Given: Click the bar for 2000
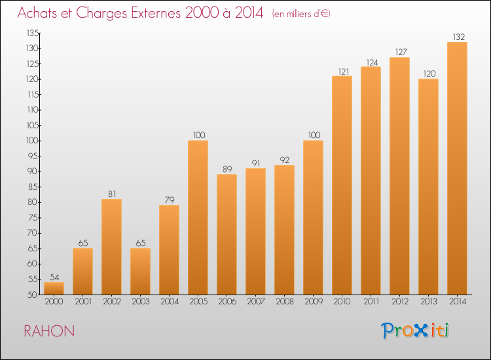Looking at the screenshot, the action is tap(54, 288).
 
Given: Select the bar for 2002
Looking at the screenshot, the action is tap(111, 247).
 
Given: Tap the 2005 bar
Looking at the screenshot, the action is tap(198, 217).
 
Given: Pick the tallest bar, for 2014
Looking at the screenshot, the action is tap(457, 168).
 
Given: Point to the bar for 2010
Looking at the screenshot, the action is tap(342, 185).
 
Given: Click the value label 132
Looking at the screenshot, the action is tap(459, 37).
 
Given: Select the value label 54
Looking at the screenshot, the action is tap(54, 277).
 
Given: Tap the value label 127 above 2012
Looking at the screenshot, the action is tap(401, 52).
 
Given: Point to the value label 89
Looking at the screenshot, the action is tap(227, 169).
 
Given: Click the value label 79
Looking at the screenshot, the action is tap(170, 200).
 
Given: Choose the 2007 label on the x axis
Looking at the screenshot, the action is tap(256, 301).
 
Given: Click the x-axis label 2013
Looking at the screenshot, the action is tap(429, 301).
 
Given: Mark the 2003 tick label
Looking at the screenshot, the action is tap(141, 301).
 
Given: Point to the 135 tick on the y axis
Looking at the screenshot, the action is tap(33, 33).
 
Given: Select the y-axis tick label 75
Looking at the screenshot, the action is tap(33, 217).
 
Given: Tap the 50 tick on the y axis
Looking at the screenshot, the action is tap(33, 295).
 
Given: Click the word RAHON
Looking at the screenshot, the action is tap(49, 331).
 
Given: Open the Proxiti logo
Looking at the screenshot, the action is tap(415, 331).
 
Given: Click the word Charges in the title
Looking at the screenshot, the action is tap(101, 14).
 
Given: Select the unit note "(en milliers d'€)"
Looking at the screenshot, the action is tap(301, 14).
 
